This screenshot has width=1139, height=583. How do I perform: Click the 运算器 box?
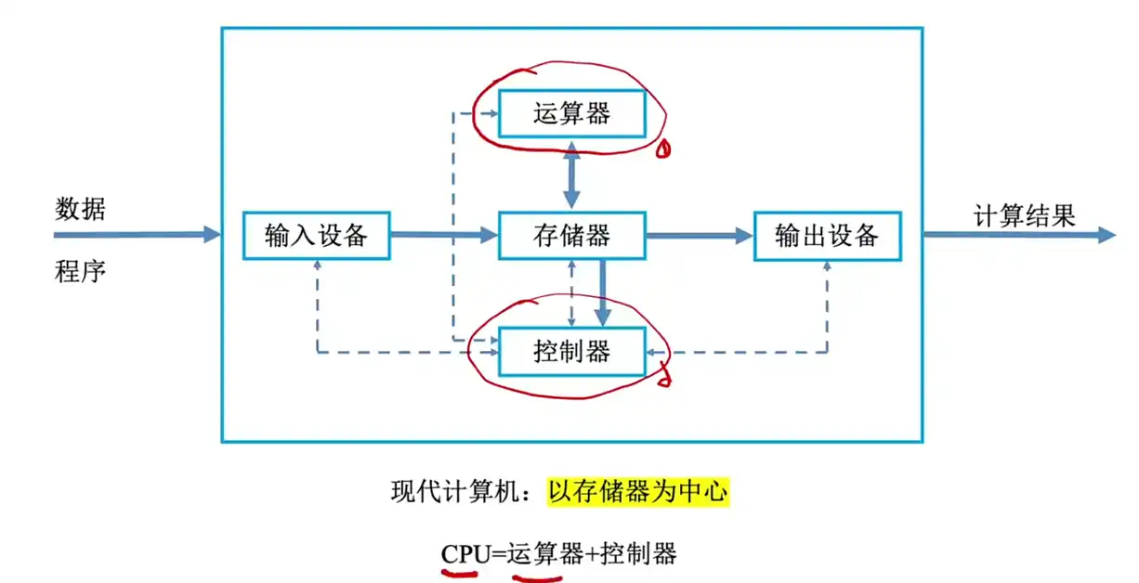[571, 114]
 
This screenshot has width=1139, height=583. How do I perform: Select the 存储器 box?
[571, 236]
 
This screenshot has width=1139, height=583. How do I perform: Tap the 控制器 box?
[571, 352]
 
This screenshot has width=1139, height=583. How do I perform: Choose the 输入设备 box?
[316, 236]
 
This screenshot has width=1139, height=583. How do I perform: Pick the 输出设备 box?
[827, 236]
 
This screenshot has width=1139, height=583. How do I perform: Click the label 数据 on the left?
[80, 209]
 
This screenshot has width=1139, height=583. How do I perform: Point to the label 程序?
[80, 271]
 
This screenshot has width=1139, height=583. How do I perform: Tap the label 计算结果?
[1024, 216]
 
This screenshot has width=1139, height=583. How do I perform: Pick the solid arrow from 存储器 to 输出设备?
[699, 236]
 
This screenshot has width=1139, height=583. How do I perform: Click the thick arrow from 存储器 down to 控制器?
[603, 292]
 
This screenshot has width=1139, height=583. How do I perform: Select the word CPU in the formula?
[465, 554]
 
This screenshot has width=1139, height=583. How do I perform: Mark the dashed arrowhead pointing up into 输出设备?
[827, 266]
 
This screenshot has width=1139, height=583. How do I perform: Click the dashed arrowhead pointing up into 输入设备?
[317, 266]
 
